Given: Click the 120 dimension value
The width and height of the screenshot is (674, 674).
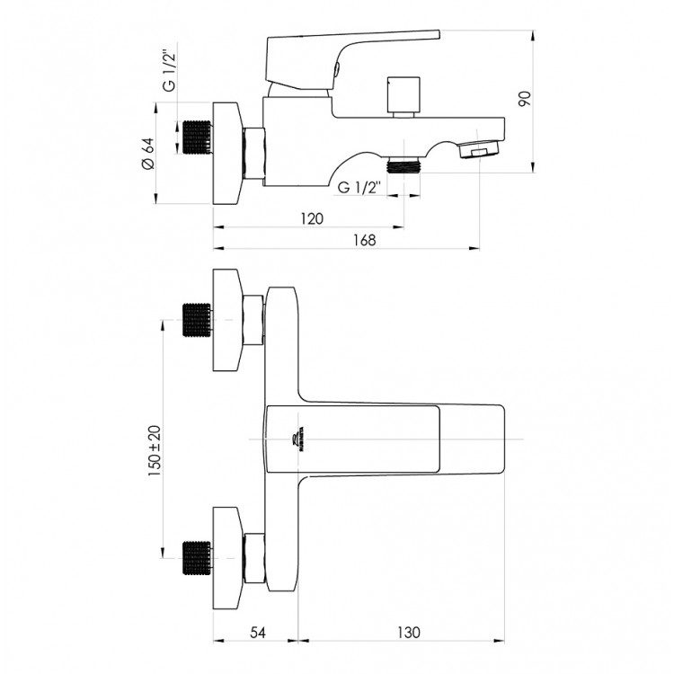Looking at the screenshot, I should pyautogui.click(x=311, y=218).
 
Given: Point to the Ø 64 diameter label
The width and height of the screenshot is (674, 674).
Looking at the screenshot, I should pyautogui.click(x=147, y=154).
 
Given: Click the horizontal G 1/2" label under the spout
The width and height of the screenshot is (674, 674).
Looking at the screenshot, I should pyautogui.click(x=359, y=188).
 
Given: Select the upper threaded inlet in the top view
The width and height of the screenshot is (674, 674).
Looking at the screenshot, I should pyautogui.click(x=196, y=320).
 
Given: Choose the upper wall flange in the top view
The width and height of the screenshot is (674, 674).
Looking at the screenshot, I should pyautogui.click(x=228, y=320).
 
